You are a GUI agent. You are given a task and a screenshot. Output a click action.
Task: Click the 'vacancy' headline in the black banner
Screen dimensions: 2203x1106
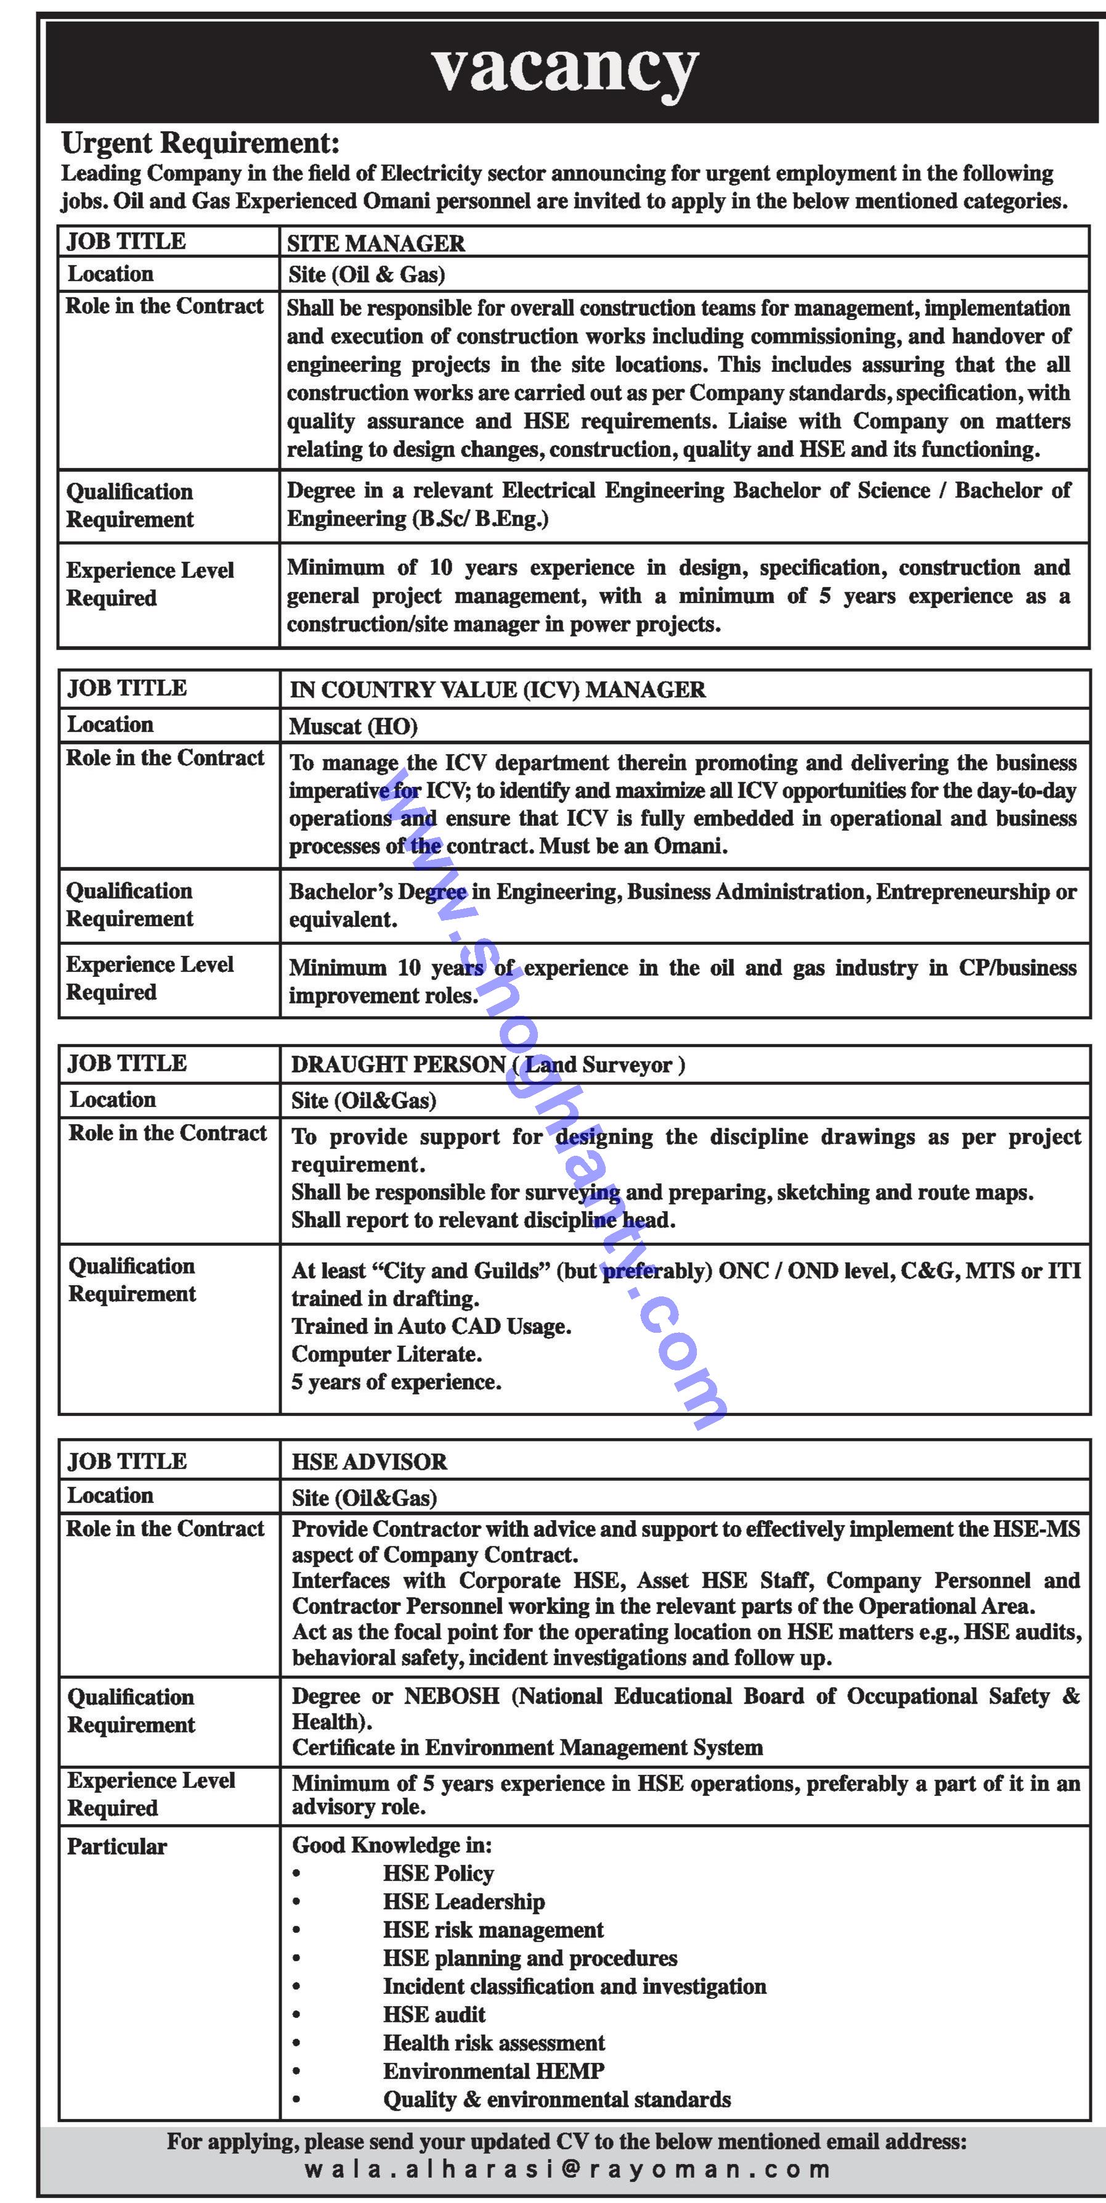click(565, 68)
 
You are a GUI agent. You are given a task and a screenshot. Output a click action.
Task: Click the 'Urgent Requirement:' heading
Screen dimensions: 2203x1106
click(200, 143)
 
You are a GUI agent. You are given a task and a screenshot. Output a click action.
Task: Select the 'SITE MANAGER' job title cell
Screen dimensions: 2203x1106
click(376, 244)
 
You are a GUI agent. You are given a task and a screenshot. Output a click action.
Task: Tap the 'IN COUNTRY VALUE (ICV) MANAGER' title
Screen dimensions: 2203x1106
click(497, 690)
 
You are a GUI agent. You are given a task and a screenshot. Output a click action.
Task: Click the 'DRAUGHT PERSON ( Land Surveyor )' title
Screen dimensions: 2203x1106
click(487, 1064)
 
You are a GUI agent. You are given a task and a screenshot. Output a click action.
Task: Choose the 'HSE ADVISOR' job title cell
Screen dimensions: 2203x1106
click(369, 1462)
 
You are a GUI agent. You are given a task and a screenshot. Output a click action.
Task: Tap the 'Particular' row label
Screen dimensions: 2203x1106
click(117, 1847)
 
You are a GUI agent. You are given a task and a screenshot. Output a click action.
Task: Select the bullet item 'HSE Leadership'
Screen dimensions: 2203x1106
click(463, 1901)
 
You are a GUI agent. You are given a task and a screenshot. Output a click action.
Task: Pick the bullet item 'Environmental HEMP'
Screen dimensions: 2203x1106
click(493, 2070)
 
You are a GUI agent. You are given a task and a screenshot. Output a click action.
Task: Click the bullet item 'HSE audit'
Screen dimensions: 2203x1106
click(434, 2014)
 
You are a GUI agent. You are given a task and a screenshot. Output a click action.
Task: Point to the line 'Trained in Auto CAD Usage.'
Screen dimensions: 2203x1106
click(431, 1327)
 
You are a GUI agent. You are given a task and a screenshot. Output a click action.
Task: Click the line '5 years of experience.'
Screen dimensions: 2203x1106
click(396, 1382)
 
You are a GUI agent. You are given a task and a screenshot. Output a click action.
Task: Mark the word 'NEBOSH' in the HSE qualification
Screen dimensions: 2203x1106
click(451, 1696)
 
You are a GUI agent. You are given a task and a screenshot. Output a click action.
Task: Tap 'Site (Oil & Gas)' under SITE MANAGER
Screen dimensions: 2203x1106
click(367, 274)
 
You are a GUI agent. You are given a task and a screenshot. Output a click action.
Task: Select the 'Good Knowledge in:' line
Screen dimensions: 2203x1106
click(391, 1845)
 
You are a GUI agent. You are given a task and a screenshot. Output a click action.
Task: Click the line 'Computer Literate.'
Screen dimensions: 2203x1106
click(386, 1354)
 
